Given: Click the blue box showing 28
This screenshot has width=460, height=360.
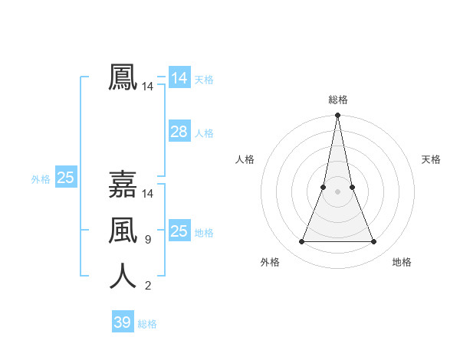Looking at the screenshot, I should (x=179, y=132).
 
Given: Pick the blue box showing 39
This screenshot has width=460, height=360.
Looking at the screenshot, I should (x=122, y=322).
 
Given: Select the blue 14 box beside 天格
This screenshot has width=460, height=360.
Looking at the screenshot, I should (x=179, y=78).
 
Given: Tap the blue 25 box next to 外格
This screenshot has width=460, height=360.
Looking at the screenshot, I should (x=65, y=178).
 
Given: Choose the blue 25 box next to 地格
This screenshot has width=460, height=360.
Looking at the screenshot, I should (x=179, y=231).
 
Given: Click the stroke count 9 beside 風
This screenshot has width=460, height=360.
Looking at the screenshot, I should (x=147, y=240).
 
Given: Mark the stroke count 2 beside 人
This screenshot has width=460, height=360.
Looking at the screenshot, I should (x=147, y=286).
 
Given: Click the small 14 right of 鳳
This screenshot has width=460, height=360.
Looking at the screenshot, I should (x=147, y=87).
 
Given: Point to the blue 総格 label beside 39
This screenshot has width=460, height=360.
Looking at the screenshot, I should (x=147, y=324).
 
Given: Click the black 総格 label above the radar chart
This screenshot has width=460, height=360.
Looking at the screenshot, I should (x=337, y=100).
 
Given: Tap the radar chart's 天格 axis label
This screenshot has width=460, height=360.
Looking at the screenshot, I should (x=431, y=159).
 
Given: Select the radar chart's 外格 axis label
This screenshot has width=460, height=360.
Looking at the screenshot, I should (x=270, y=262).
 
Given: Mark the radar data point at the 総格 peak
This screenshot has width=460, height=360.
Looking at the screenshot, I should (x=337, y=116).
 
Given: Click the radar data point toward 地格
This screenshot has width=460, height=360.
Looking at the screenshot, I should (x=373, y=241).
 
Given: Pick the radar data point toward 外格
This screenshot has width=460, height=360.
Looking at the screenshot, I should (x=301, y=241).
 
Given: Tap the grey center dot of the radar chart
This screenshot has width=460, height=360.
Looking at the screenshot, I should (x=337, y=191).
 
